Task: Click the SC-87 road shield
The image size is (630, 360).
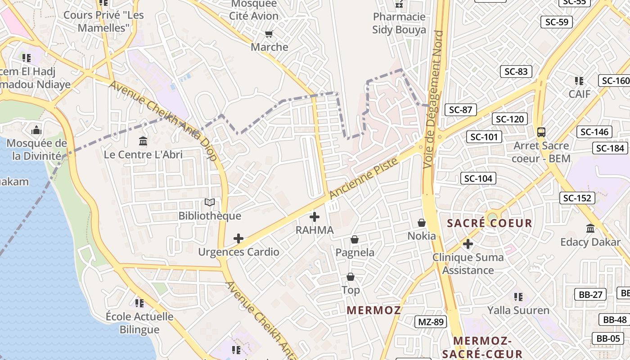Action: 460,110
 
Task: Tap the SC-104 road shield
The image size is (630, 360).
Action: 478,178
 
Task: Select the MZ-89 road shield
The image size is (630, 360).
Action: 431,322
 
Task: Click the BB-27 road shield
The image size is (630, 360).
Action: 590,294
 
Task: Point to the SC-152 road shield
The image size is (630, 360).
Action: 577,198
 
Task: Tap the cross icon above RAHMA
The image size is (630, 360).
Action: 315,217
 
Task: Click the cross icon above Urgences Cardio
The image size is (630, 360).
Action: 238,238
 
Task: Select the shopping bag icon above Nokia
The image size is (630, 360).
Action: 422,223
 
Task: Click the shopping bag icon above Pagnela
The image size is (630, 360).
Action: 355,239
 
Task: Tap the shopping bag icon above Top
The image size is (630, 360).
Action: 350,277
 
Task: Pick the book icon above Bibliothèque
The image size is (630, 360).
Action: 210,202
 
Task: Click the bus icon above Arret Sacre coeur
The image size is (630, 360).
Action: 541,132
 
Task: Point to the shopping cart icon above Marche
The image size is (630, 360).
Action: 269,34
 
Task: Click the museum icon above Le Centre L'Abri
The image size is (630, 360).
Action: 143,141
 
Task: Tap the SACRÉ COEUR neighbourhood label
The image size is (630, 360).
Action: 489,223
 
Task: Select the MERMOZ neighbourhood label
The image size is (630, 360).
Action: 374,310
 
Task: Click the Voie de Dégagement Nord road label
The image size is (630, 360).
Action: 434,99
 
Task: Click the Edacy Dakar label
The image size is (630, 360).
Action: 590,242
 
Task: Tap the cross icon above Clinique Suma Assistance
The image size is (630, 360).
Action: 468,244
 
